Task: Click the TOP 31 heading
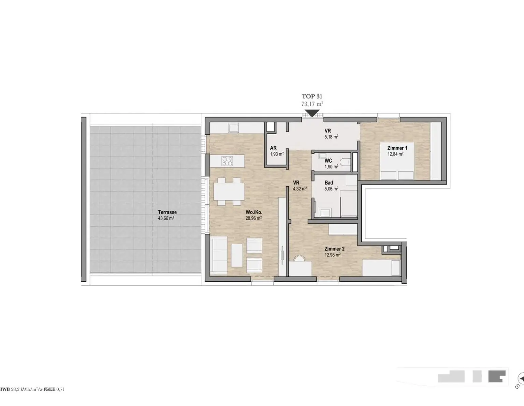pyautogui.click(x=312, y=96)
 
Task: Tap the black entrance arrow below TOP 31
pyautogui.click(x=312, y=113)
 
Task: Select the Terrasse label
pyautogui.click(x=168, y=212)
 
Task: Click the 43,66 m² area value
pyautogui.click(x=166, y=218)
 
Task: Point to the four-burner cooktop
pyautogui.click(x=228, y=161)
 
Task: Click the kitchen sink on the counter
pyautogui.click(x=233, y=128)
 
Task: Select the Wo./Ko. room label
pyautogui.click(x=254, y=212)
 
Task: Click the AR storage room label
pyautogui.click(x=273, y=148)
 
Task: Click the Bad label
pyautogui.click(x=329, y=183)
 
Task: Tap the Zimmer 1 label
pyautogui.click(x=397, y=148)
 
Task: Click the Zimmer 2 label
pyautogui.click(x=334, y=249)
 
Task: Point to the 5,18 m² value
pyautogui.click(x=331, y=137)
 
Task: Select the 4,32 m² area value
pyautogui.click(x=300, y=189)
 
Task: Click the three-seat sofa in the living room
pyautogui.click(x=219, y=255)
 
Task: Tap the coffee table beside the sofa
pyautogui.click(x=237, y=255)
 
